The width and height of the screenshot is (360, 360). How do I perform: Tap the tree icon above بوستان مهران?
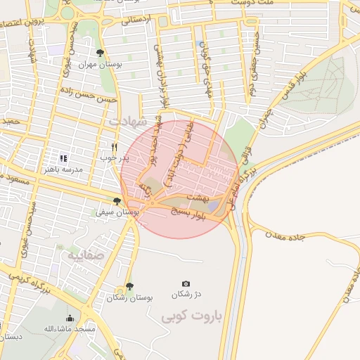101,53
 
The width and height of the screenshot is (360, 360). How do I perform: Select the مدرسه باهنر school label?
63,169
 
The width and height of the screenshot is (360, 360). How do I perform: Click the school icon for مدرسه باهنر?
63,159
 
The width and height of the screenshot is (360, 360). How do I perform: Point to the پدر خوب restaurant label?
115,157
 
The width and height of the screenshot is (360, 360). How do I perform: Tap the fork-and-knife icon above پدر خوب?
114,147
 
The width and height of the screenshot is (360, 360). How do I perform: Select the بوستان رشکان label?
130,297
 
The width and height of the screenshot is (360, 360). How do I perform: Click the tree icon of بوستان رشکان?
129,286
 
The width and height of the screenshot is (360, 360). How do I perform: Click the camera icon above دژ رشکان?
186,283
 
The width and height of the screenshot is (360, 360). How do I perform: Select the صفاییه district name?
85,255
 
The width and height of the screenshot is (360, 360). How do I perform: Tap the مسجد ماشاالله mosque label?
70,328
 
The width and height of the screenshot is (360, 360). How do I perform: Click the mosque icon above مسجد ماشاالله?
70,318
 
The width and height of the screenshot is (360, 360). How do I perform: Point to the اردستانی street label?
138,20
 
